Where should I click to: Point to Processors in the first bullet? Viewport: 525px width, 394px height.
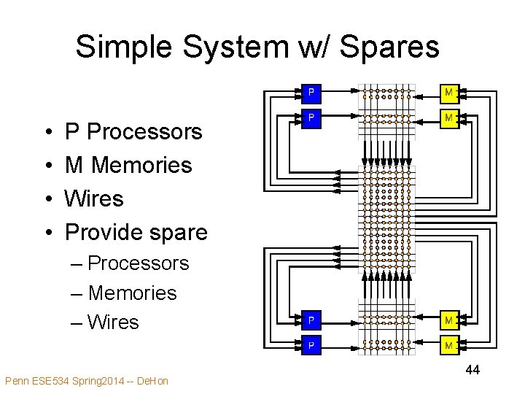click(144, 132)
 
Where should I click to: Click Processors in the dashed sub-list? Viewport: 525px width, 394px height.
click(138, 263)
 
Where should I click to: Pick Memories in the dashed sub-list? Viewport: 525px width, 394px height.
click(132, 293)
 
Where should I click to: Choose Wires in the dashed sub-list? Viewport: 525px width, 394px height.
click(113, 322)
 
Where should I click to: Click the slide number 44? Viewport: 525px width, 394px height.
click(472, 370)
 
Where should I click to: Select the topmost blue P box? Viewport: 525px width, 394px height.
click(311, 93)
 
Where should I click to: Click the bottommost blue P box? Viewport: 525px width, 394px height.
click(311, 345)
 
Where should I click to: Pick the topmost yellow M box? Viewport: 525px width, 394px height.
click(449, 93)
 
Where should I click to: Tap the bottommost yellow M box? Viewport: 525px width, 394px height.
click(449, 345)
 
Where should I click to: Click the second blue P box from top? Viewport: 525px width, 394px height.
click(311, 117)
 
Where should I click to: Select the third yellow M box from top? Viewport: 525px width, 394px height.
click(449, 320)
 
